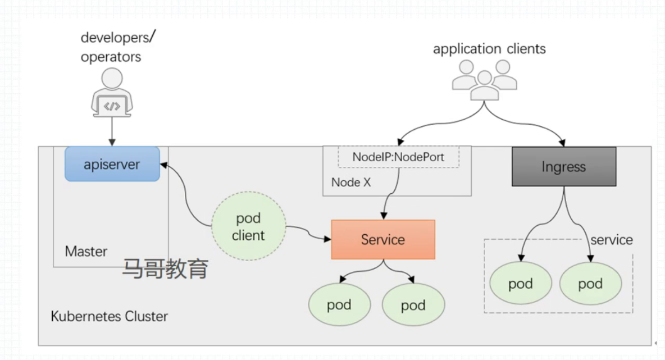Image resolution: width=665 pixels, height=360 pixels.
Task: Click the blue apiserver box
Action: click(112, 164)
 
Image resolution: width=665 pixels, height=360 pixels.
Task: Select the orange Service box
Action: click(383, 240)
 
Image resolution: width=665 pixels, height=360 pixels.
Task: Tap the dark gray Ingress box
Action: click(564, 167)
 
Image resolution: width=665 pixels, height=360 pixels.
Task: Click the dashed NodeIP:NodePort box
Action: click(398, 157)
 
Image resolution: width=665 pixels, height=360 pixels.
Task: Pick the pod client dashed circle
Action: click(248, 227)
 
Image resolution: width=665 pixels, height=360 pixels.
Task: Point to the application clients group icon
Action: click(484, 80)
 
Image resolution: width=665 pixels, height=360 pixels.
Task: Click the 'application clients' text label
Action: click(489, 49)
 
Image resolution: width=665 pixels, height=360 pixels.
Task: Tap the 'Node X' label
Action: click(351, 183)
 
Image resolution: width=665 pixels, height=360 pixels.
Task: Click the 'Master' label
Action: click(86, 251)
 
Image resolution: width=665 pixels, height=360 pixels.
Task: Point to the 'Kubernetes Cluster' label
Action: click(109, 316)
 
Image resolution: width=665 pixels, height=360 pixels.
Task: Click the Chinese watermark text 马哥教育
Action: click(165, 269)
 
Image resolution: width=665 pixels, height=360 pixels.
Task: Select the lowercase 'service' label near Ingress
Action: click(612, 240)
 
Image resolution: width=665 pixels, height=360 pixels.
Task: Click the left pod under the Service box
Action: click(339, 305)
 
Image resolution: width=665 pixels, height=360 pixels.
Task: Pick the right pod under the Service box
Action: click(413, 306)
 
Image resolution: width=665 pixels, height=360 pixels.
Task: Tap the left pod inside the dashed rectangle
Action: click(521, 284)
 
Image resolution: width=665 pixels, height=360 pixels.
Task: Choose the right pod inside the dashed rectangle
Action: click(590, 284)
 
